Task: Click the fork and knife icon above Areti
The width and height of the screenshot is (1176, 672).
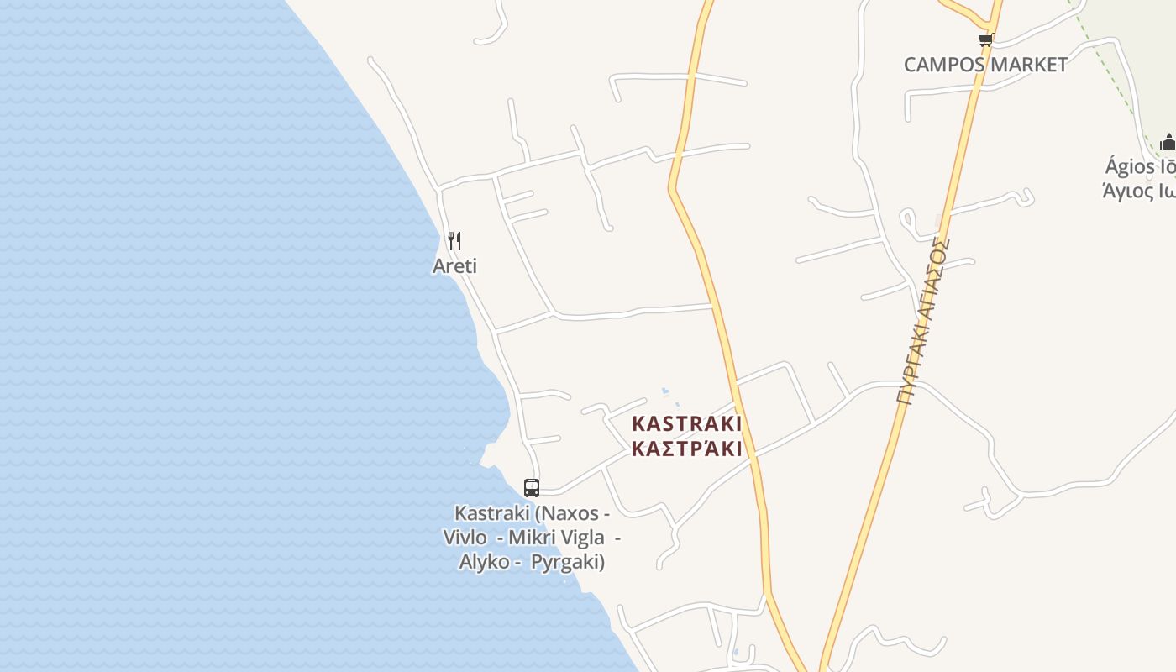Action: pyautogui.click(x=454, y=241)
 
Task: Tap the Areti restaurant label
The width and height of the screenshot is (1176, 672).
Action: pyautogui.click(x=454, y=266)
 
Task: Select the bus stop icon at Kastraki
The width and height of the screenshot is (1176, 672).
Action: pyautogui.click(x=532, y=487)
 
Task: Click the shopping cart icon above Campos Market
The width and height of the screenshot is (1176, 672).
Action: pyautogui.click(x=985, y=39)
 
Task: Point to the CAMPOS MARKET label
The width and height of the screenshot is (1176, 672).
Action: pyautogui.click(x=985, y=65)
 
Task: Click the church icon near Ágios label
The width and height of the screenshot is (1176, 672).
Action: pyautogui.click(x=1168, y=141)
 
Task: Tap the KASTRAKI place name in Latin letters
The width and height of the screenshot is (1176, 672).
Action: pyautogui.click(x=686, y=423)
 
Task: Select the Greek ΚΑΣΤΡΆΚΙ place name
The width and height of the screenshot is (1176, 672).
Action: pyautogui.click(x=686, y=449)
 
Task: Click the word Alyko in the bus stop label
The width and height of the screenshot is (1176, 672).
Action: pyautogui.click(x=484, y=562)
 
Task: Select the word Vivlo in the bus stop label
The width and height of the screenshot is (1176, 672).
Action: pyautogui.click(x=465, y=538)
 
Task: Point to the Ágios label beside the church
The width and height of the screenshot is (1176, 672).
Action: pyautogui.click(x=1139, y=166)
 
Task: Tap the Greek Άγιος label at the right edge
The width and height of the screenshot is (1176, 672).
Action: pyautogui.click(x=1138, y=191)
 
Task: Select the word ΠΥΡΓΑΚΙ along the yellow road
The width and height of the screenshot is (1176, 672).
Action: pyautogui.click(x=908, y=367)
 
